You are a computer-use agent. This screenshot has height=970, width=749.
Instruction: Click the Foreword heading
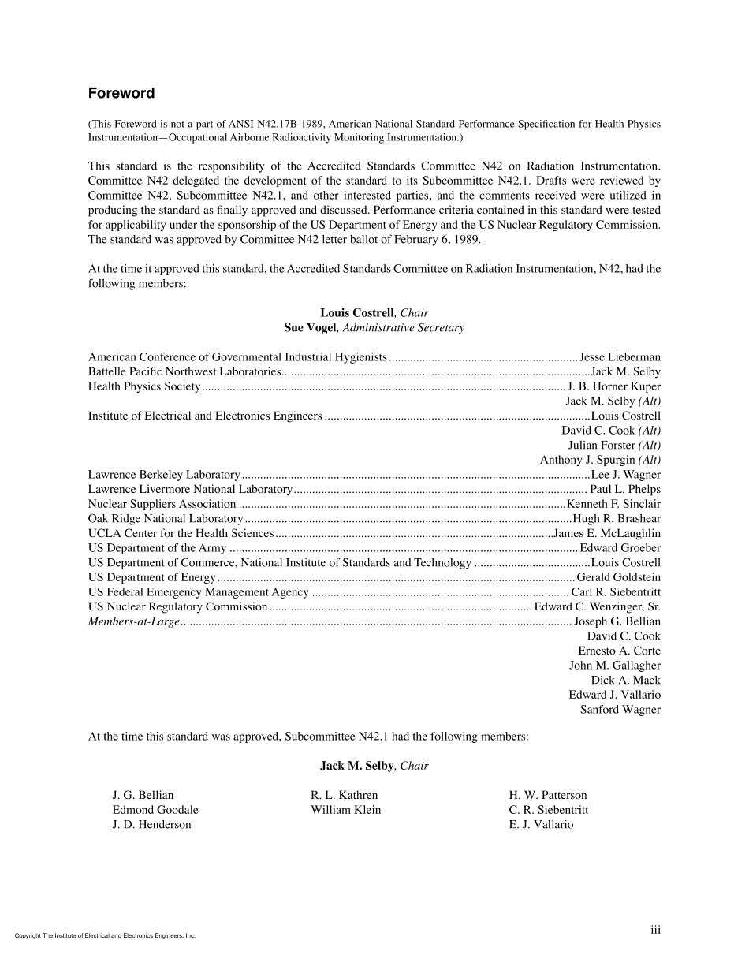coord(121,94)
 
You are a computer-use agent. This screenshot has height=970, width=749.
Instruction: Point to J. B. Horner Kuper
coord(614,386)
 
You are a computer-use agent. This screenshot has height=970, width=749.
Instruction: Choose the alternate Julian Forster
coord(602,446)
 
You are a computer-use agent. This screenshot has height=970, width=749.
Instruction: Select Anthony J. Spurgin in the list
coord(587,460)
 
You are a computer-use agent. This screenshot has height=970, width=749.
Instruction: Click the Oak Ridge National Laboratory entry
coord(166,519)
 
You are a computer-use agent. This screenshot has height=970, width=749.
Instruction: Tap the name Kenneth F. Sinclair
coord(613,504)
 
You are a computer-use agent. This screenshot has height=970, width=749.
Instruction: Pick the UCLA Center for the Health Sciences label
coord(181,534)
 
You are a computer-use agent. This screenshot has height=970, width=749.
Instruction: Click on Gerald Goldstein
coord(619,578)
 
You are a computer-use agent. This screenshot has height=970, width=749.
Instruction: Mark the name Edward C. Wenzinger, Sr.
coord(598,607)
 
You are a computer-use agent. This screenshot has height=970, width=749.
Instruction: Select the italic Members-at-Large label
coord(134,622)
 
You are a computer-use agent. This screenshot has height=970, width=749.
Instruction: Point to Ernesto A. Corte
coord(619,651)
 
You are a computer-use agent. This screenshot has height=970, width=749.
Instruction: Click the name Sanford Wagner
coord(620,710)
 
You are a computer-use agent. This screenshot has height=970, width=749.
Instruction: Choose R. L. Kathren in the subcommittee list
coord(345,795)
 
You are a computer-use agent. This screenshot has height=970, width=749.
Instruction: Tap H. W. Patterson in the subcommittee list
coord(548,795)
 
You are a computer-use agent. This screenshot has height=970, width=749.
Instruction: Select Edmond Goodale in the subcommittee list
coord(155,810)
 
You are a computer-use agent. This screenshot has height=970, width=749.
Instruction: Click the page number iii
coord(655,931)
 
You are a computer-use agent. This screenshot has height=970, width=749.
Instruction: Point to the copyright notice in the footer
coord(105,936)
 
